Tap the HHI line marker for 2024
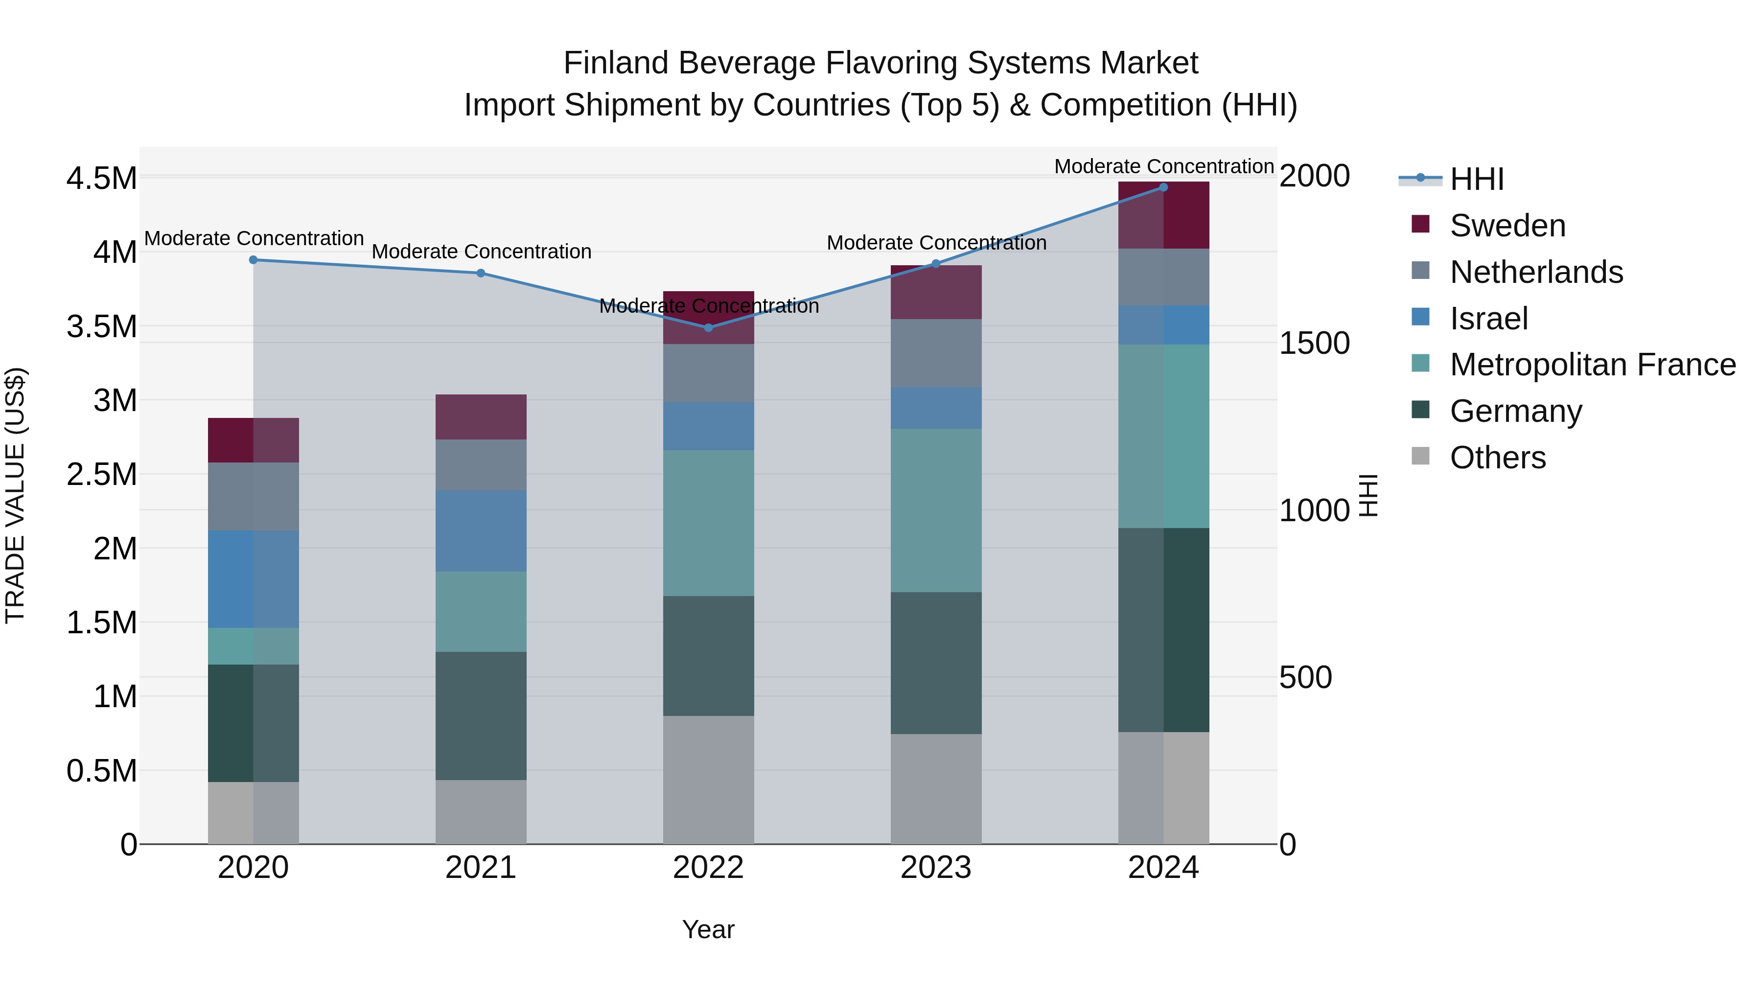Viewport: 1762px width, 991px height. click(x=1163, y=187)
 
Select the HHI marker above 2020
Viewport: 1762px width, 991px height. click(x=253, y=260)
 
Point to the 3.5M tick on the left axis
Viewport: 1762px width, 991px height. click(x=101, y=326)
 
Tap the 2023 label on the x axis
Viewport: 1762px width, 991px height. click(x=936, y=868)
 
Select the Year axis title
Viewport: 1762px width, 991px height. click(x=708, y=929)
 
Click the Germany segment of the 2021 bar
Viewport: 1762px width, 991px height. click(x=481, y=715)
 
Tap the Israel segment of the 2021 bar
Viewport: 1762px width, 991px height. click(x=481, y=530)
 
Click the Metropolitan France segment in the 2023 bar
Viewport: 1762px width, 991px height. click(x=936, y=510)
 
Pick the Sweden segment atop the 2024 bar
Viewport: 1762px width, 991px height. click(x=1163, y=215)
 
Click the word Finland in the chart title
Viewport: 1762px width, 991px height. click(x=616, y=63)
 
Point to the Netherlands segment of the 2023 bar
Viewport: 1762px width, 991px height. click(x=936, y=353)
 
